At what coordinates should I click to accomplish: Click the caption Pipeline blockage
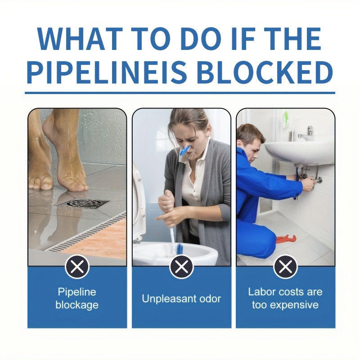click(77, 298)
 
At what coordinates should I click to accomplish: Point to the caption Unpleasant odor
click(181, 298)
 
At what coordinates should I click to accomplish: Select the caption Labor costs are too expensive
click(285, 298)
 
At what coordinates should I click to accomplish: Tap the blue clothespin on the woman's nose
click(184, 150)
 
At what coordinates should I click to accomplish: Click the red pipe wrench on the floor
click(285, 238)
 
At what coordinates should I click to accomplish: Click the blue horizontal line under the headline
click(180, 93)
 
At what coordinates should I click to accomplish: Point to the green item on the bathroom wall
click(285, 118)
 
